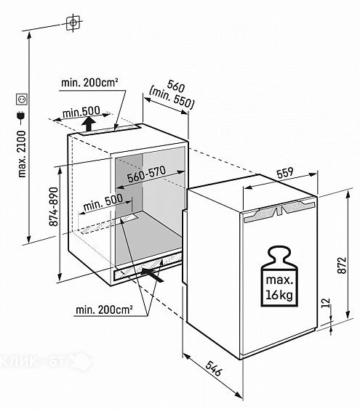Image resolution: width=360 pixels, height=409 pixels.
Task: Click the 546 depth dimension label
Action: pyautogui.click(x=213, y=368)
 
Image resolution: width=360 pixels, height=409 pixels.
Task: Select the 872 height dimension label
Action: pyautogui.click(x=342, y=266)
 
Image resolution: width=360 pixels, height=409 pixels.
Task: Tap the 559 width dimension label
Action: pyautogui.click(x=285, y=172)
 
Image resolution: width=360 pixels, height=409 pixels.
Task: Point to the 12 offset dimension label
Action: pyautogui.click(x=326, y=303)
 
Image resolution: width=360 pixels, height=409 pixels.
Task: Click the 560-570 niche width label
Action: pyautogui.click(x=146, y=174)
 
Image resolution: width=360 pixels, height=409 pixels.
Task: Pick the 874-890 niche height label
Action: pyautogui.click(x=54, y=206)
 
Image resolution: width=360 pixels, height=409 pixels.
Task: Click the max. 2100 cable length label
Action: pyautogui.click(x=22, y=154)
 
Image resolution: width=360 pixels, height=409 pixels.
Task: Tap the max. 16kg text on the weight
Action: pyautogui.click(x=279, y=288)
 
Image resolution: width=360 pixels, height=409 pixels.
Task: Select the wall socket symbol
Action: pyautogui.click(x=22, y=100)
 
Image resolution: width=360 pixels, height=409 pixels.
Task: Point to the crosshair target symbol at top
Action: pyautogui.click(x=73, y=23)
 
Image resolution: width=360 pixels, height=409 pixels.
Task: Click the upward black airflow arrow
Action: pyautogui.click(x=89, y=123)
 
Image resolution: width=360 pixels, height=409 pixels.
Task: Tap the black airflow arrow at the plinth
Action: pyautogui.click(x=152, y=275)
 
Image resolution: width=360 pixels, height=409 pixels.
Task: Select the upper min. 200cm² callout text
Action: pyautogui.click(x=89, y=83)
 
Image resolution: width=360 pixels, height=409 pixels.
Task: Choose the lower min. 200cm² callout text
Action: pyautogui.click(x=104, y=310)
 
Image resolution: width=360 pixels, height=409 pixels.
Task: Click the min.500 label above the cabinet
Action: pyautogui.click(x=81, y=113)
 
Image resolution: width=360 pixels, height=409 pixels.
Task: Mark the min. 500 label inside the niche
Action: pyautogui.click(x=103, y=203)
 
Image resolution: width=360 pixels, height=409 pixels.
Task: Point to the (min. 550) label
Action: pyautogui.click(x=172, y=98)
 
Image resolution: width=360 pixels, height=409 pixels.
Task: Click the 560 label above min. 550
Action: pyautogui.click(x=176, y=86)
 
